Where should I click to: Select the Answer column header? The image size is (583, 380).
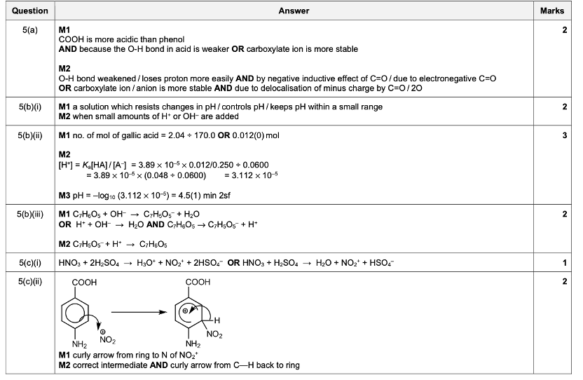coord(294,11)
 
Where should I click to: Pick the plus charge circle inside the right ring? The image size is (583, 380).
coord(186,308)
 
